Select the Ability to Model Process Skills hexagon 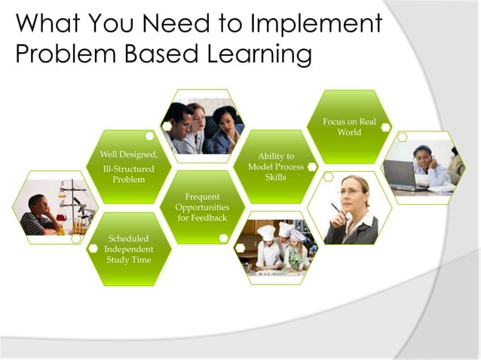pyautogui.click(x=275, y=166)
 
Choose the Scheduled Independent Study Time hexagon pyautogui.click(x=128, y=249)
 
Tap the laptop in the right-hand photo pyautogui.click(x=404, y=175)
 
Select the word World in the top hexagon pyautogui.click(x=349, y=133)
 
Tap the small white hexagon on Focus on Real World pyautogui.click(x=385, y=127)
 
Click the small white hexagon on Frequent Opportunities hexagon pyautogui.click(x=223, y=237)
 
